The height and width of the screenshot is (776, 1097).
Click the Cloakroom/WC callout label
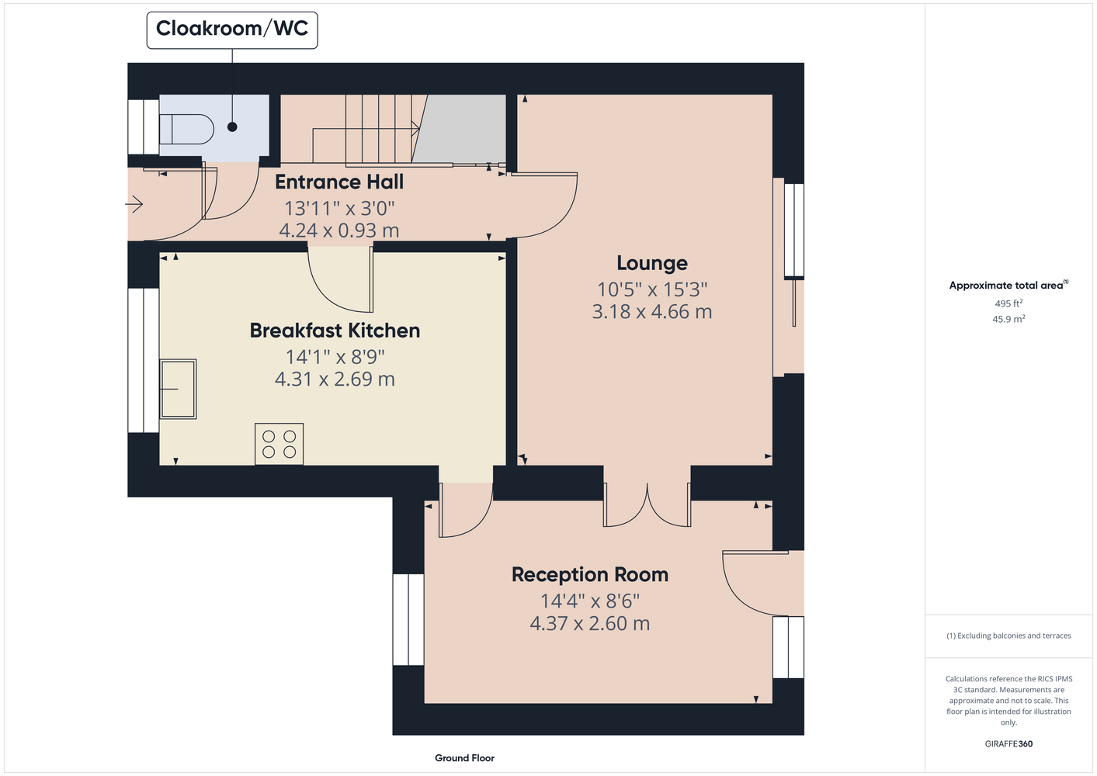232,29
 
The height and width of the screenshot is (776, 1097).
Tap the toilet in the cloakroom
186,130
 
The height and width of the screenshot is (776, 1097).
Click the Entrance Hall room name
339,182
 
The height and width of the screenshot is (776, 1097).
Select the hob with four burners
279,444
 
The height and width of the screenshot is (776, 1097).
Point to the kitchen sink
179,389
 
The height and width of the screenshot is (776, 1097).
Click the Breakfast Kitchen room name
335,331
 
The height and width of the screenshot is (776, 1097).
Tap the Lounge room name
652,263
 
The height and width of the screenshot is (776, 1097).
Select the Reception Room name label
590,574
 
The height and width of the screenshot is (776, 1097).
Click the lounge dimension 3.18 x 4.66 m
652,312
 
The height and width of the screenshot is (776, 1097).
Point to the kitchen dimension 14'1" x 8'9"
335,357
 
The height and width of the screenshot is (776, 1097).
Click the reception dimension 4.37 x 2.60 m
590,623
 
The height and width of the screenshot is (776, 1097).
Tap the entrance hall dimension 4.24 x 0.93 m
339,230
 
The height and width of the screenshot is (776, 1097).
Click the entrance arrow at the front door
134,203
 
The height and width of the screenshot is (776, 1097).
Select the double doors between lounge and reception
647,505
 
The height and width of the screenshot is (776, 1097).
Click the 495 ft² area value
1008,303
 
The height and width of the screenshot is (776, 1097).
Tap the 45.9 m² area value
1008,319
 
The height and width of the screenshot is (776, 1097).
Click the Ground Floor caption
465,758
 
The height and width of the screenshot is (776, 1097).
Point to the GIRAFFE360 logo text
1008,743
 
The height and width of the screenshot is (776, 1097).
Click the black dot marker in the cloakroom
233,126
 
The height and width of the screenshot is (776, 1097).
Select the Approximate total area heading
1008,285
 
